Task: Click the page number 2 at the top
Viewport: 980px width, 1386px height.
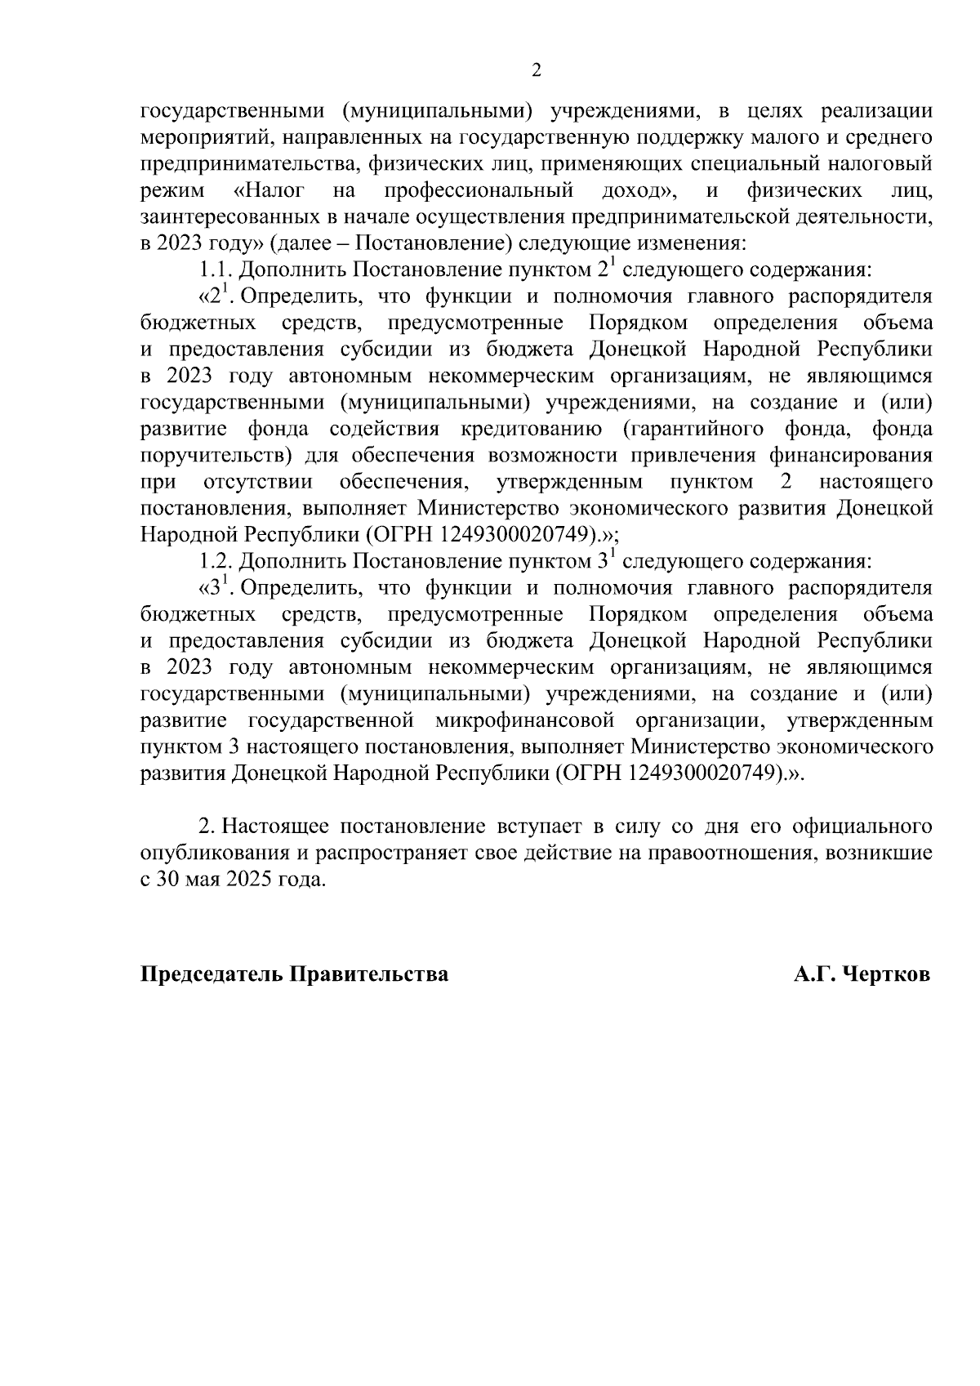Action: (x=536, y=70)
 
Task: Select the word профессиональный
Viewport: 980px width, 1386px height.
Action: (x=479, y=191)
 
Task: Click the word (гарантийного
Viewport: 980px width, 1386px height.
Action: (x=693, y=429)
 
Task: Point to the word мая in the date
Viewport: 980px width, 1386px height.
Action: (x=198, y=880)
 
